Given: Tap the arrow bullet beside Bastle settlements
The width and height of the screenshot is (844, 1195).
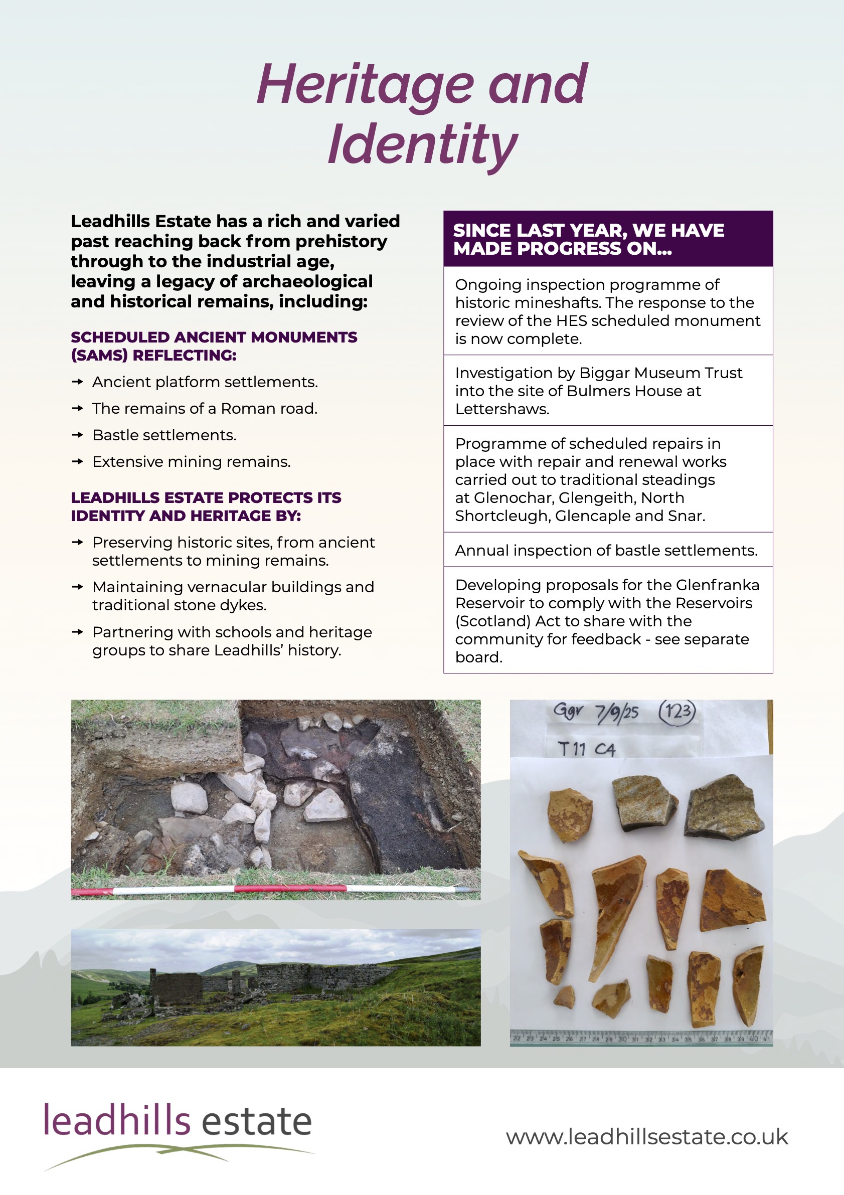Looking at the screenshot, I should point(78,435).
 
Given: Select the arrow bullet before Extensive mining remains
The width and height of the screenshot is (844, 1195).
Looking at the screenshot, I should point(78,461).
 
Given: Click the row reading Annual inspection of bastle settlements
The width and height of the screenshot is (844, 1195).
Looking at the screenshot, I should point(606,550).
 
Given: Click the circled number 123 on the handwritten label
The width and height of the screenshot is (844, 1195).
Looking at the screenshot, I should point(677,711).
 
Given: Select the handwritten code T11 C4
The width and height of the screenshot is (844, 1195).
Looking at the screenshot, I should point(586,750).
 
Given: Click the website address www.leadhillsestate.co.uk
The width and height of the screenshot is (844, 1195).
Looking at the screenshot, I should point(647,1137).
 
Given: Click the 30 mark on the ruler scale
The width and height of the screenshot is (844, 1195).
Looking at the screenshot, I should point(622,1039).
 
